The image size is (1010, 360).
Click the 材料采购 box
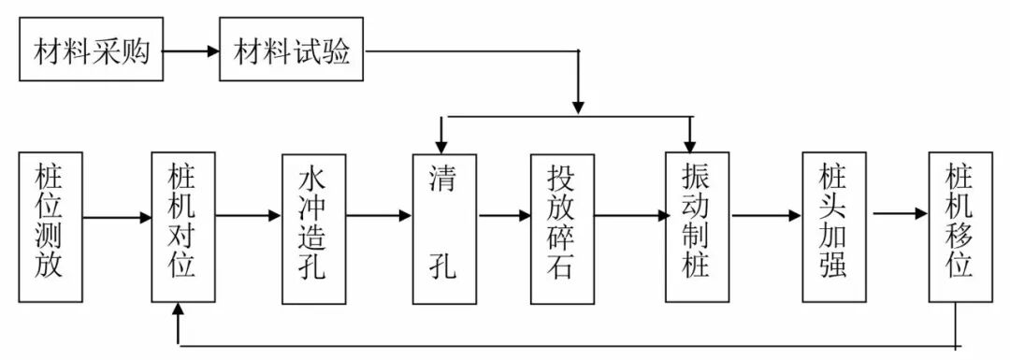[x=91, y=50]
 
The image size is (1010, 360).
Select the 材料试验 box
[x=291, y=50]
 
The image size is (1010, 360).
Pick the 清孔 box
[x=445, y=226]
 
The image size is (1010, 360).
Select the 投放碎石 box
[x=562, y=227]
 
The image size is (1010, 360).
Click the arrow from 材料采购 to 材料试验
[x=191, y=50]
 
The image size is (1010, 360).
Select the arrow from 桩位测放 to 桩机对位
[x=117, y=218]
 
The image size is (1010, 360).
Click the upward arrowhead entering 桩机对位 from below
[x=178, y=311]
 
